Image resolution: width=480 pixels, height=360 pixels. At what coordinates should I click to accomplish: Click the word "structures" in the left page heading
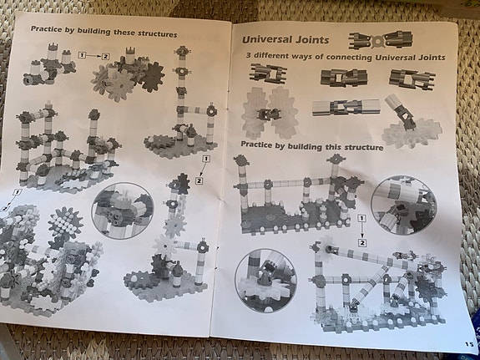pos(157,33)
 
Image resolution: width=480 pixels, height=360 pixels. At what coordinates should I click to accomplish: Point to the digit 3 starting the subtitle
pos(249,55)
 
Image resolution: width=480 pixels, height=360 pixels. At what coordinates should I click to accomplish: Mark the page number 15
pos(469,344)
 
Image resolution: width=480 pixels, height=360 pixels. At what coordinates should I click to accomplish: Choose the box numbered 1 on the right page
pos(361,219)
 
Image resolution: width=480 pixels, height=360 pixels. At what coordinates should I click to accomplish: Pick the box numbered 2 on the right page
pos(362,243)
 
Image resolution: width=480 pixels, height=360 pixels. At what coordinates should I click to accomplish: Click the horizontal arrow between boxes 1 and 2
pos(93,56)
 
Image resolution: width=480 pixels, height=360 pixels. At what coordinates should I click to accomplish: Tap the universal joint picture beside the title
pos(381,40)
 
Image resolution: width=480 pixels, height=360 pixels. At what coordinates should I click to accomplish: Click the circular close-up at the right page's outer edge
pos(404,205)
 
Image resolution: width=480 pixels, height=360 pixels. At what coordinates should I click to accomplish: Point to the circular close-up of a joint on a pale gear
pos(265,281)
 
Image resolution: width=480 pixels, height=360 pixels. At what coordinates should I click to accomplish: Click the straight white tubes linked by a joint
pos(346,107)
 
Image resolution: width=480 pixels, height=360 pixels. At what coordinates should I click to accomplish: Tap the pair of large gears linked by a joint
pos(270,113)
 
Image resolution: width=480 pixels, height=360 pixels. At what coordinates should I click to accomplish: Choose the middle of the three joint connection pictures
pos(344,77)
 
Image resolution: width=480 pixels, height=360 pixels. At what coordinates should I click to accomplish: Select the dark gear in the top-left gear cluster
pos(153,77)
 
